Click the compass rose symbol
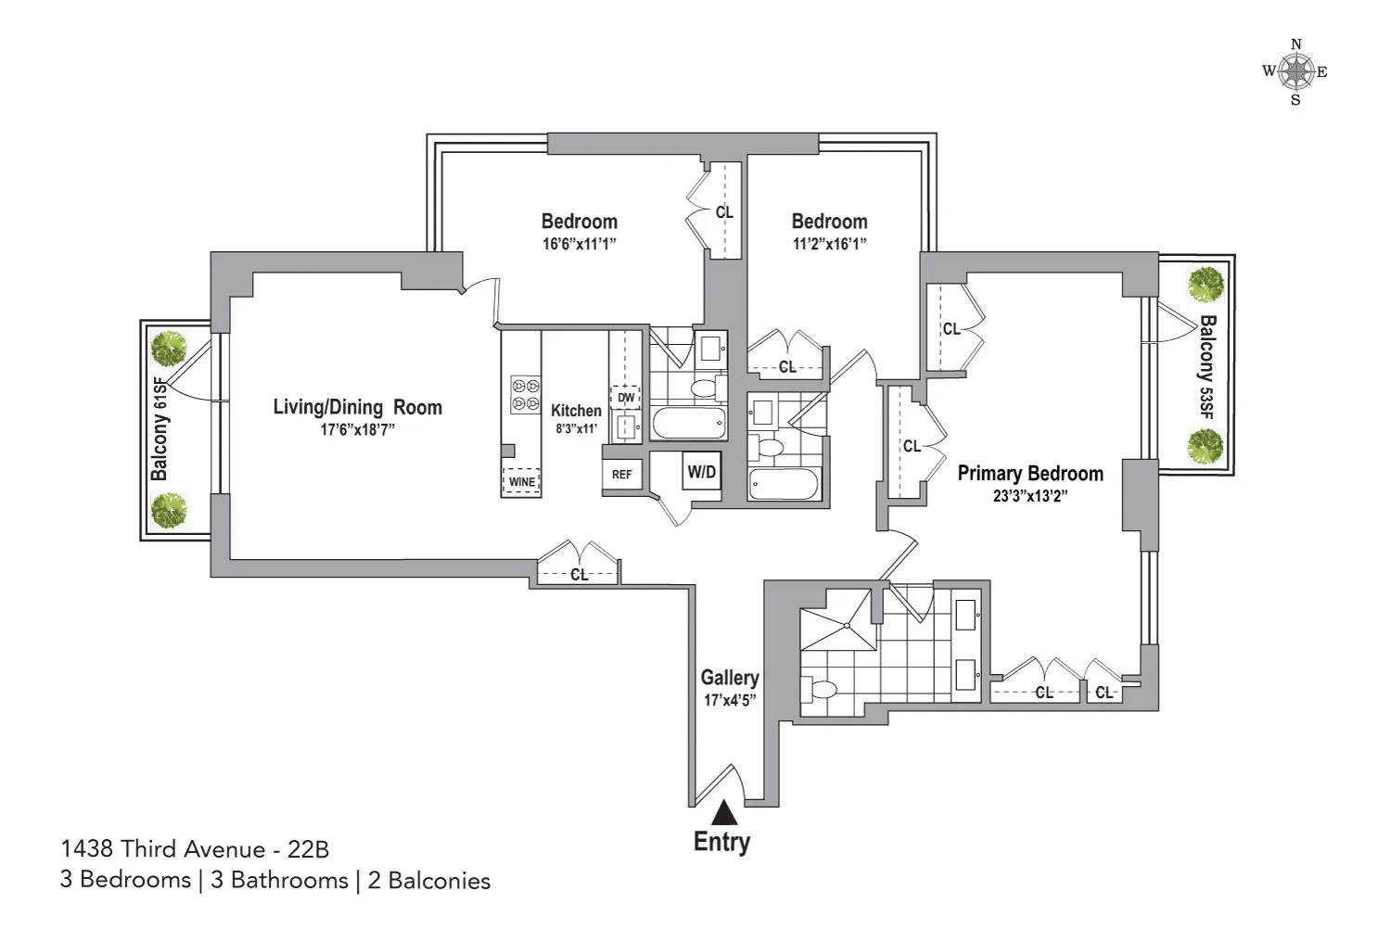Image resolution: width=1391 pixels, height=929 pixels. (x=1295, y=71)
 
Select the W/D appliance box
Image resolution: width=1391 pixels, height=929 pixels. (x=701, y=473)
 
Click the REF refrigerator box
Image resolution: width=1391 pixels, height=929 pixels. (x=621, y=475)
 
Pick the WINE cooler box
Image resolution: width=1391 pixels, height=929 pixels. (x=521, y=481)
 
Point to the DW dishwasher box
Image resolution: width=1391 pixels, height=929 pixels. (x=626, y=398)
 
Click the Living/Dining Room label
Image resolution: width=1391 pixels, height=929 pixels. (x=357, y=407)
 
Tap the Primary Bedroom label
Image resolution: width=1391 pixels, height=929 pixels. (x=1030, y=474)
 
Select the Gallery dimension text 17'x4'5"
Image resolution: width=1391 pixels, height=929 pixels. (x=730, y=701)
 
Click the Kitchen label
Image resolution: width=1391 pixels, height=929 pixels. (x=576, y=410)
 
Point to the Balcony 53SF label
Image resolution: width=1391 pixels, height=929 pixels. (x=1206, y=368)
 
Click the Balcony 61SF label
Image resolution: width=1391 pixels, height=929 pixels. (x=160, y=435)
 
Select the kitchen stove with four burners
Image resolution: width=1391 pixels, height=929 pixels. (x=526, y=394)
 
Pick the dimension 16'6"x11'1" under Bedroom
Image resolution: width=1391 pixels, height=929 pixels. (x=580, y=244)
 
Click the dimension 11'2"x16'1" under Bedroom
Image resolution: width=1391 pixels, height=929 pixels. (x=829, y=244)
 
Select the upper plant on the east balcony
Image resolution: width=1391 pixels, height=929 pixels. (x=1206, y=285)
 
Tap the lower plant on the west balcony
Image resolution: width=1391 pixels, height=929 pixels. (x=169, y=510)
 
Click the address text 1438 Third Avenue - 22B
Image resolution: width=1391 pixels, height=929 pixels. (x=195, y=848)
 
